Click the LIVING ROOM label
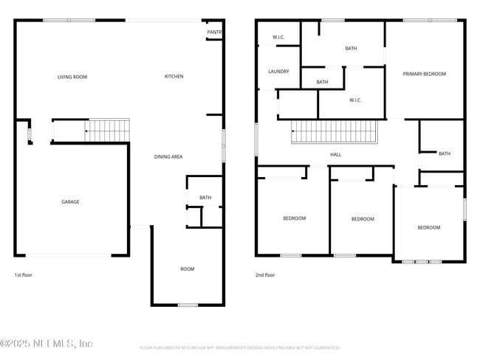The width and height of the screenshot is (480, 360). pyautogui.click(x=72, y=77)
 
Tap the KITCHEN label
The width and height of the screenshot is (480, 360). pyautogui.click(x=174, y=77)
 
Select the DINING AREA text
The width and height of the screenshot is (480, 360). pyautogui.click(x=168, y=156)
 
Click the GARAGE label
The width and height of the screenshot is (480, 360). pyautogui.click(x=70, y=201)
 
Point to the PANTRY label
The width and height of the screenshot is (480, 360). pyautogui.click(x=214, y=32)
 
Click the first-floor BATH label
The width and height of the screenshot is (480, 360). pyautogui.click(x=205, y=197)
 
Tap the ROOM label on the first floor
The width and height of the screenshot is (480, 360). pyautogui.click(x=188, y=269)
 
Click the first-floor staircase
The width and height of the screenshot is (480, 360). pyautogui.click(x=108, y=131)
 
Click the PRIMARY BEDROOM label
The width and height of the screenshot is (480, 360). pyautogui.click(x=424, y=74)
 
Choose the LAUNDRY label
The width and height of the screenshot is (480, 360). pyautogui.click(x=278, y=72)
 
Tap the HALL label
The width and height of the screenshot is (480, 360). pyautogui.click(x=335, y=154)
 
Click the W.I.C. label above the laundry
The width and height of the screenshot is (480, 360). pyautogui.click(x=278, y=37)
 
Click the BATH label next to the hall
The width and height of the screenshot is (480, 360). pyautogui.click(x=444, y=153)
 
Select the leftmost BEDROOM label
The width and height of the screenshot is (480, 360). pyautogui.click(x=294, y=218)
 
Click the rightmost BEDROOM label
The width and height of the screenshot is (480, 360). pyautogui.click(x=428, y=227)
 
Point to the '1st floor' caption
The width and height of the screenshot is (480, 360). pyautogui.click(x=24, y=275)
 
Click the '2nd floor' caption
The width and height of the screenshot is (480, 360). pyautogui.click(x=265, y=275)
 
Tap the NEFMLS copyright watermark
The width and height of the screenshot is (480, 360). pyautogui.click(x=47, y=343)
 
